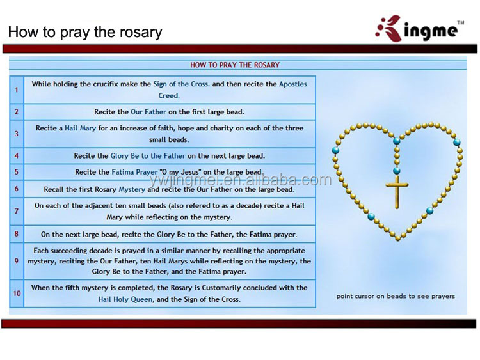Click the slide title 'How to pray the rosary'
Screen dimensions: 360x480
tap(85, 32)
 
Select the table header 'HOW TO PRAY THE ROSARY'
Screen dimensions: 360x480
tap(234, 65)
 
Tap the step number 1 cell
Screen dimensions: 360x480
tap(17, 90)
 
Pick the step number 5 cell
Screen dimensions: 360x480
tap(17, 172)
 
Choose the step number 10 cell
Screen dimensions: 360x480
tap(17, 293)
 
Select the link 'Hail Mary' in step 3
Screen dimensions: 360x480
tap(80, 128)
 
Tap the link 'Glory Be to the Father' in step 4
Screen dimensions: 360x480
tap(148, 155)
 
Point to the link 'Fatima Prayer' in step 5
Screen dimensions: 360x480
tap(134, 172)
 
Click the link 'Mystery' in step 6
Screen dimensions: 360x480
tap(132, 189)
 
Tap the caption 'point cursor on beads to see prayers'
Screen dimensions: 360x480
tap(396, 296)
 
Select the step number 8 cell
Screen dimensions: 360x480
tap(17, 234)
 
